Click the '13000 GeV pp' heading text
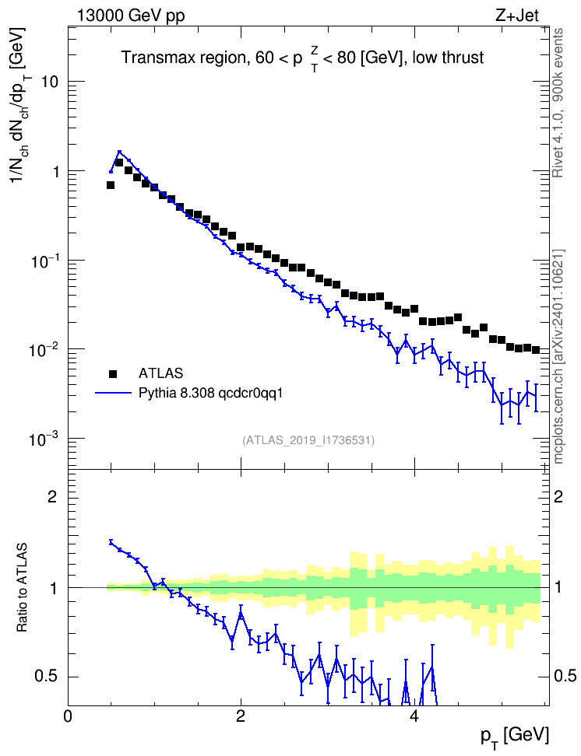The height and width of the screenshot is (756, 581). (x=131, y=16)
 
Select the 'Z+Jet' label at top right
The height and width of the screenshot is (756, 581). (x=517, y=16)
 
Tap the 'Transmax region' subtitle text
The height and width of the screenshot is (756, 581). (x=183, y=58)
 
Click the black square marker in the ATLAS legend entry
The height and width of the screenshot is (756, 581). (x=112, y=373)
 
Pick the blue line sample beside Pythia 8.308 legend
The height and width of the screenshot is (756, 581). (x=114, y=393)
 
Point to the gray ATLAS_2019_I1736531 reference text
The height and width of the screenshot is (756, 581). (x=308, y=440)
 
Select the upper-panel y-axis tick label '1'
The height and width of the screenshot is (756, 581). (x=55, y=172)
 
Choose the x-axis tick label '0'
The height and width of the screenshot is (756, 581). (x=68, y=716)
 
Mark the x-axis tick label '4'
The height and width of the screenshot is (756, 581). (x=414, y=716)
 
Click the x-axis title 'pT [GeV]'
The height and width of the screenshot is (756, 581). (x=515, y=737)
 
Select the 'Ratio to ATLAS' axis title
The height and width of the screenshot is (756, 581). (x=22, y=587)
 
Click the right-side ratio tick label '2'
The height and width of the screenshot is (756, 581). (x=558, y=496)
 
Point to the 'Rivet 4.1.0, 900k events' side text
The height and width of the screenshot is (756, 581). (x=558, y=103)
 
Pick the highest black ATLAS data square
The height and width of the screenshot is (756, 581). (x=119, y=163)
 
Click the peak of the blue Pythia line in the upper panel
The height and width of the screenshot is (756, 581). (x=120, y=152)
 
